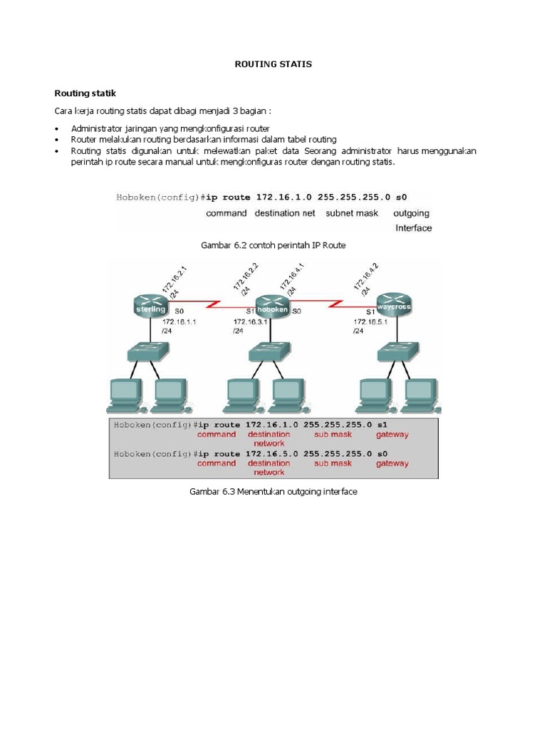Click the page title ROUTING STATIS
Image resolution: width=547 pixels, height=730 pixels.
coord(273,64)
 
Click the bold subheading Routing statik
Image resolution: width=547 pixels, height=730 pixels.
coord(85,93)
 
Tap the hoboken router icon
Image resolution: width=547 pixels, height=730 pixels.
coord(273,308)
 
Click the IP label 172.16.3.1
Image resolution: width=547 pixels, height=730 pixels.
coord(251,322)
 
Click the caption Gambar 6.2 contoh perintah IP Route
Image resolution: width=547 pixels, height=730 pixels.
coord(273,245)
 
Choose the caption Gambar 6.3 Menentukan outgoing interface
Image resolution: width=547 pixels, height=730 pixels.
coord(273,492)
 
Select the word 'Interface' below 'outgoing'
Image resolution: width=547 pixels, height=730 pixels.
coord(413,228)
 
